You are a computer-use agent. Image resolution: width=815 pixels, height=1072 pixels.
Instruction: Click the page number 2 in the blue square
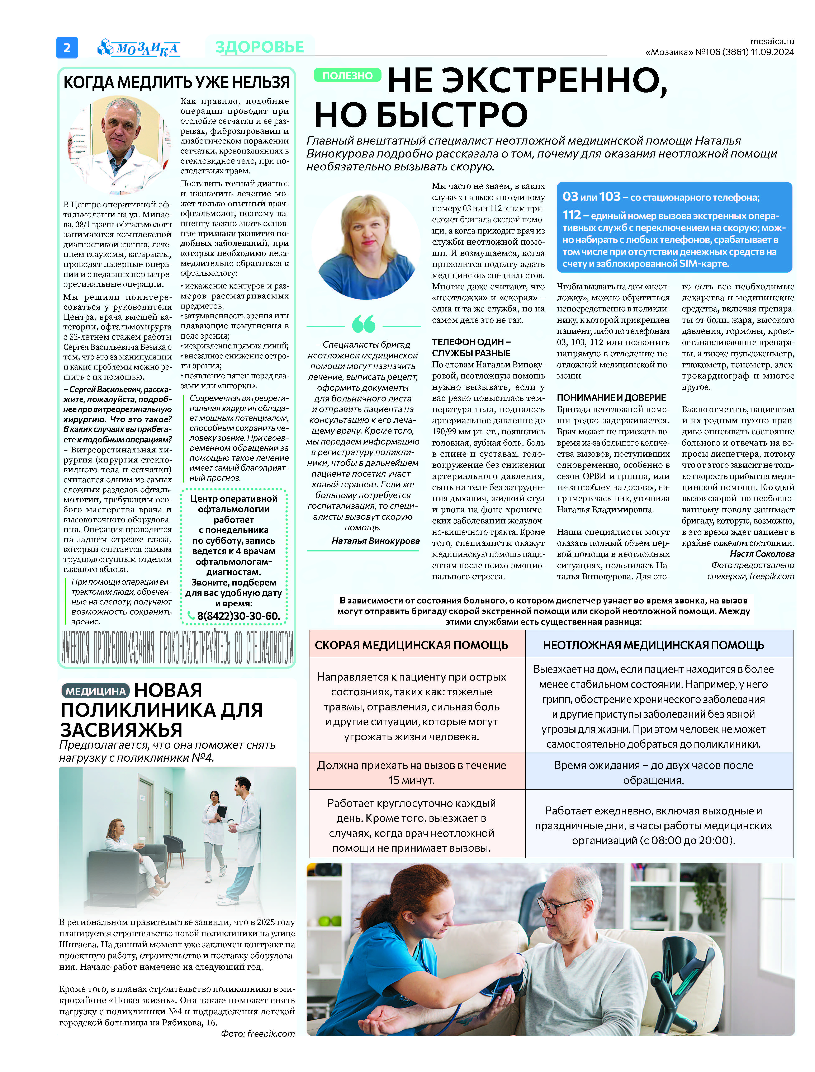click(x=67, y=48)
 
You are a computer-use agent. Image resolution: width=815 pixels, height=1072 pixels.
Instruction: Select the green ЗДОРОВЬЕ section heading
click(x=260, y=47)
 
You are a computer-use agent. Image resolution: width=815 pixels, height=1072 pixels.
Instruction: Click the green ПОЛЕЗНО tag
click(x=347, y=76)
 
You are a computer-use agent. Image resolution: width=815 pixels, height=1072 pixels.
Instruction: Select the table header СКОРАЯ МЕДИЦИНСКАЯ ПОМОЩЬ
click(x=411, y=645)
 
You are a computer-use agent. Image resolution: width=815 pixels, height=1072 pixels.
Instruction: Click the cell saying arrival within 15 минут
click(x=411, y=773)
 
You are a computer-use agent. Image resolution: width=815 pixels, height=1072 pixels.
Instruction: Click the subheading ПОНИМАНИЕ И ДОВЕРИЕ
click(x=611, y=398)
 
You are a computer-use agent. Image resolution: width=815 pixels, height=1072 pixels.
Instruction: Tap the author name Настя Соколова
click(x=762, y=554)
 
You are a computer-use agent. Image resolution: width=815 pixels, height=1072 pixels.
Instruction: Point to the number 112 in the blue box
click(x=572, y=215)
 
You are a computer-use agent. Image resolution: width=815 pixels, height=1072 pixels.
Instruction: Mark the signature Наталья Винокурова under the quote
click(x=375, y=541)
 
